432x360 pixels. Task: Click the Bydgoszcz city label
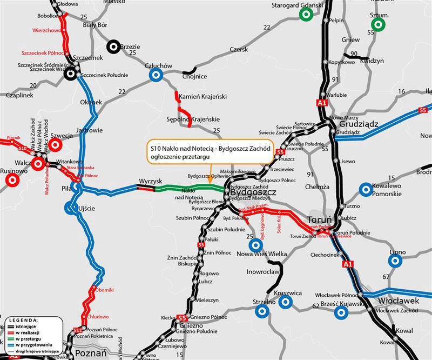[x=253, y=192]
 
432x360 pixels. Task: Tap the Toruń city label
[x=323, y=220]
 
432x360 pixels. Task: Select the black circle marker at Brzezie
[x=113, y=47]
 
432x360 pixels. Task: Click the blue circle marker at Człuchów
[x=156, y=75]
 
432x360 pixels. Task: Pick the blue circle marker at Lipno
[x=395, y=261]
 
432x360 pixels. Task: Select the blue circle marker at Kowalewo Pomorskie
[x=366, y=190]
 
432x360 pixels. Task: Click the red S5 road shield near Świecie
[x=280, y=152]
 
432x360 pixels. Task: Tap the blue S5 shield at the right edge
[x=424, y=111]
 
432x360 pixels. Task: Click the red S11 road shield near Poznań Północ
[x=77, y=329]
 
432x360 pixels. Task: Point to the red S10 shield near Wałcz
[x=22, y=148]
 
